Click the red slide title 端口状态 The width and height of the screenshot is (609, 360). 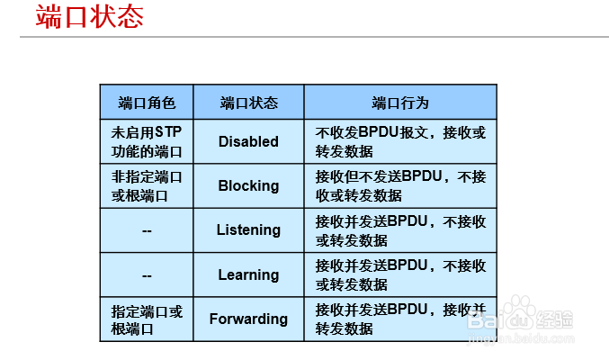(90, 17)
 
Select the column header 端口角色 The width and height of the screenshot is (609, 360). (147, 103)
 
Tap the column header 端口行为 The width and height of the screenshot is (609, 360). (400, 103)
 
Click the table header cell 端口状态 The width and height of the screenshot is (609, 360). (249, 103)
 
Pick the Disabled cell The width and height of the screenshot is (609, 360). (248, 141)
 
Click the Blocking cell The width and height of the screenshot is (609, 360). (248, 185)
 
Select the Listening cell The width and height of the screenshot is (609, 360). (248, 229)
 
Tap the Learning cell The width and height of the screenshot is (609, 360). (248, 274)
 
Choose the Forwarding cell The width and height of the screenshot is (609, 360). (248, 319)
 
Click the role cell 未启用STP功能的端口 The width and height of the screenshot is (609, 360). (147, 141)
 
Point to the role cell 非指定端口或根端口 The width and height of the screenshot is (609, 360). (147, 185)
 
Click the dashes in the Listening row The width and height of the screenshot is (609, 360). (147, 231)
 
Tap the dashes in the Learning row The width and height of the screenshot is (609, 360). (147, 275)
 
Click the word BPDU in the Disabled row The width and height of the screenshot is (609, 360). (379, 132)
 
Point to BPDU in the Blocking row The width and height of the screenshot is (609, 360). (422, 176)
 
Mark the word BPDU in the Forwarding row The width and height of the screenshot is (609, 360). (407, 310)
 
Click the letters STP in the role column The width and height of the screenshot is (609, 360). (168, 132)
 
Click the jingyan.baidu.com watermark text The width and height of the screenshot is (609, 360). (521, 338)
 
